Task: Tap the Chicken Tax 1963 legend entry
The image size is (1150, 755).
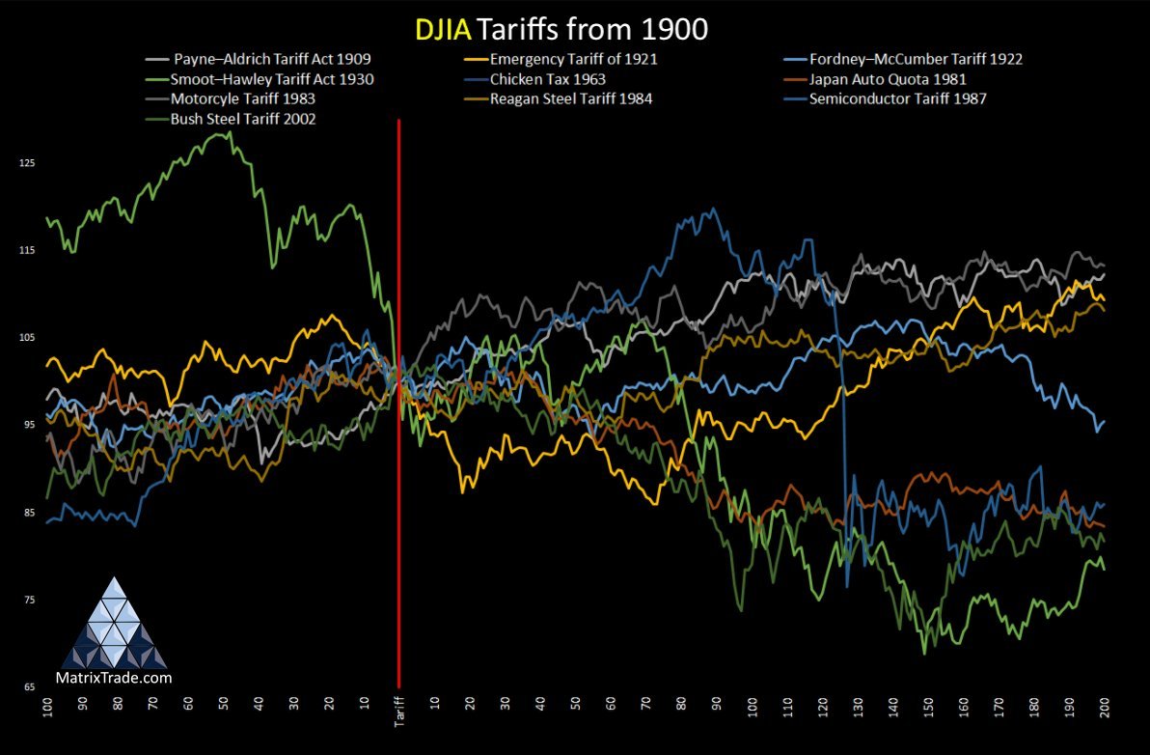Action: [547, 78]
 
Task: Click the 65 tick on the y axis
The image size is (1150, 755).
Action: [28, 687]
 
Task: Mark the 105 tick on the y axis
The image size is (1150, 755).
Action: [26, 337]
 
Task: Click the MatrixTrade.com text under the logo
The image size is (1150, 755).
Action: [115, 678]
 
